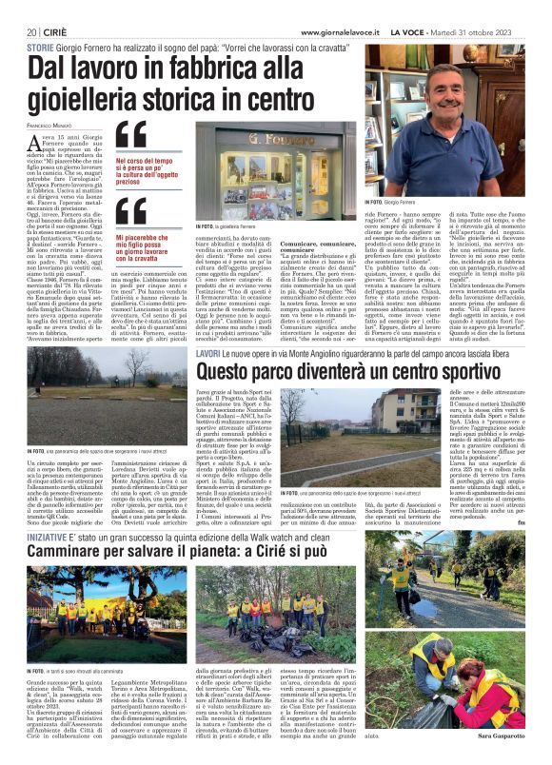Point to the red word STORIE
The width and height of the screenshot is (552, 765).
(40, 46)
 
